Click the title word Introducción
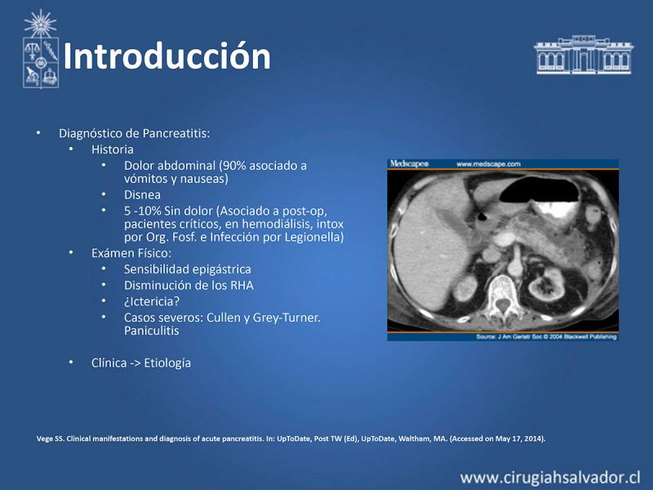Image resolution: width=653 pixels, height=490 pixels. coord(167,56)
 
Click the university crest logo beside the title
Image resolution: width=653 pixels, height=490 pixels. coord(40,49)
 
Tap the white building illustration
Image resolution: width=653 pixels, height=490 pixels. coord(584,55)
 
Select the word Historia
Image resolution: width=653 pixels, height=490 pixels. coord(113,149)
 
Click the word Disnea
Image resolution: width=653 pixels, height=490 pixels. coord(142,194)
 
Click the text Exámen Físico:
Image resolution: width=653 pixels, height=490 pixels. coord(131,253)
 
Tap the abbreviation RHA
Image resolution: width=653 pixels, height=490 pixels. coord(241,285)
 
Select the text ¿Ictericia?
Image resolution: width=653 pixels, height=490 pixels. coord(152,301)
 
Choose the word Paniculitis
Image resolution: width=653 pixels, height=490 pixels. coord(151,331)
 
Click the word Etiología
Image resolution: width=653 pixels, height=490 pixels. coord(167,363)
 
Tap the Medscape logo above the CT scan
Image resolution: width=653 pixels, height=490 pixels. coord(410,164)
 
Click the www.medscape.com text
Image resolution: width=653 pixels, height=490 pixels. coord(488,164)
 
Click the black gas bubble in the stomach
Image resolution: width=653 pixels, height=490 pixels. coord(540,189)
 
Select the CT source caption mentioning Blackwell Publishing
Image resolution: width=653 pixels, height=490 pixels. coord(546,336)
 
